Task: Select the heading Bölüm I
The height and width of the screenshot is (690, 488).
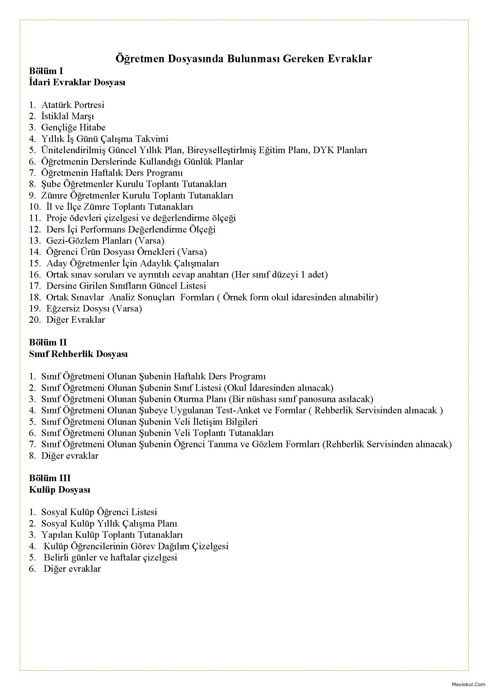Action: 46,71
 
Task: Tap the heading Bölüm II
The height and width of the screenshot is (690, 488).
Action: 48,342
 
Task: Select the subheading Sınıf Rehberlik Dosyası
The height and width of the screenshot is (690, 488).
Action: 78,354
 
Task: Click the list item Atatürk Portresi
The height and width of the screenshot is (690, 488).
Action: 73,105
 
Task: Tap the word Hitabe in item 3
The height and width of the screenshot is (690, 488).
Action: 92,127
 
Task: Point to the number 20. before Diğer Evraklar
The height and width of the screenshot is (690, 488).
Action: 35,320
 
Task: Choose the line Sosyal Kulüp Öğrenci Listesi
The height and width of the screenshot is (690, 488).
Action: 99,512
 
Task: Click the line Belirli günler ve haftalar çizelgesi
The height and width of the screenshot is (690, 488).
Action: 110,558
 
